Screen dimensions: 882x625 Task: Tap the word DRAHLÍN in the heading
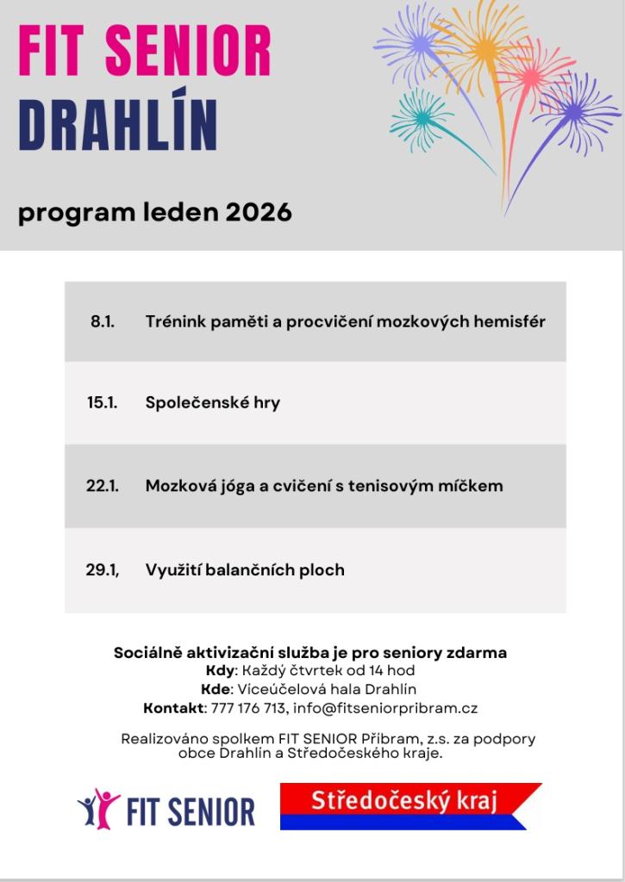coord(118,127)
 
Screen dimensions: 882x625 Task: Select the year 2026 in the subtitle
coord(259,213)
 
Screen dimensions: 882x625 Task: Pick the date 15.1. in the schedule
coord(102,402)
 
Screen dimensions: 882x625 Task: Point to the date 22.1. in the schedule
coord(102,486)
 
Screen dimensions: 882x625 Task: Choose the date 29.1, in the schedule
coord(102,569)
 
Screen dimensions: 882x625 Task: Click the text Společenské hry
coord(212,402)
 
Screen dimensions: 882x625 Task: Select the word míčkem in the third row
coord(472,486)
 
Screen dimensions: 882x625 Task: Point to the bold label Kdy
coord(220,670)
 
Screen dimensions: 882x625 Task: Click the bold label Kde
coord(216,689)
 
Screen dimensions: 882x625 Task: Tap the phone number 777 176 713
coord(248,708)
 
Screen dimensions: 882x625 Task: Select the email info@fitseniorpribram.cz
coord(385,708)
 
